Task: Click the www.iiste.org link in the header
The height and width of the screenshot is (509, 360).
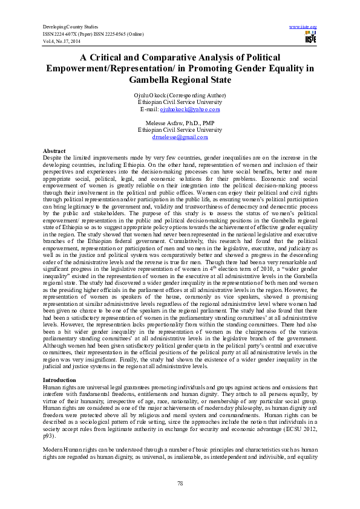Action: click(x=304, y=28)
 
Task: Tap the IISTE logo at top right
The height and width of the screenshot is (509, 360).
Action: click(x=310, y=39)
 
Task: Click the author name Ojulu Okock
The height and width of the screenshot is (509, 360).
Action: click(x=151, y=96)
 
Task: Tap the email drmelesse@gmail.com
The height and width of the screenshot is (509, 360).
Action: click(x=179, y=137)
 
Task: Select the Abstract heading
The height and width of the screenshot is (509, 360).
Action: click(x=54, y=150)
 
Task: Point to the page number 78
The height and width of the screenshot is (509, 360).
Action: click(x=180, y=483)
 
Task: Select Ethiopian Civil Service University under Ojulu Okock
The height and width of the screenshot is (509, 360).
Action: click(x=180, y=102)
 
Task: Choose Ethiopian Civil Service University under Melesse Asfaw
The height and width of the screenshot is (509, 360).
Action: click(x=180, y=129)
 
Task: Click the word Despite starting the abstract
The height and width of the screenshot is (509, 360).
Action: click(x=53, y=157)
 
